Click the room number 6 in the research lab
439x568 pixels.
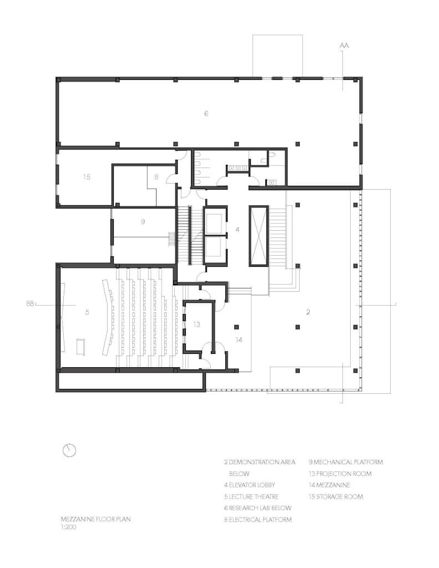[206, 114]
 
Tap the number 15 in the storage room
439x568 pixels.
[86, 177]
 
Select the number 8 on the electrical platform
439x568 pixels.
[157, 177]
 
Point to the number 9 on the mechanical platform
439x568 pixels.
[143, 221]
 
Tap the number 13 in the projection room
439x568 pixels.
[196, 324]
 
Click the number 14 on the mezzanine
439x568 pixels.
[239, 339]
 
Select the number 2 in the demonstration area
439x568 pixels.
[308, 312]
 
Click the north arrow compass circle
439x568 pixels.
[69, 450]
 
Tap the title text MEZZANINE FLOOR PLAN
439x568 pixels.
[96, 520]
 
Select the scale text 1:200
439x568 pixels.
[68, 528]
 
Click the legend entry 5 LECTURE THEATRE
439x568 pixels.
[251, 496]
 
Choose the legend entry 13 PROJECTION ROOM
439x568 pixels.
[340, 474]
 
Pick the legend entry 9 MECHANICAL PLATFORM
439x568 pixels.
[345, 462]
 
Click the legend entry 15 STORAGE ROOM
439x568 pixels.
[336, 496]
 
